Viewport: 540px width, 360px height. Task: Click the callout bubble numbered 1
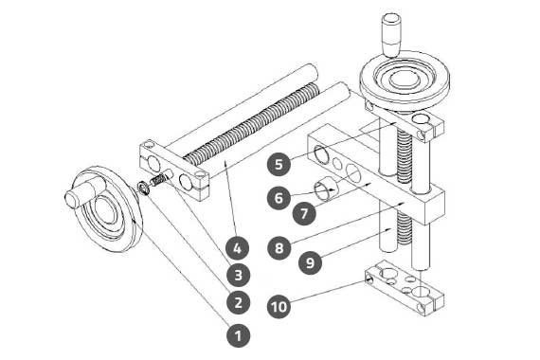click(238, 335)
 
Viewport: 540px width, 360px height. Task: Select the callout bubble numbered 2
click(238, 302)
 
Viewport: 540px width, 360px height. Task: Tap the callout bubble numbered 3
click(238, 275)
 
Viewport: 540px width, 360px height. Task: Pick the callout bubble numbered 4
click(237, 247)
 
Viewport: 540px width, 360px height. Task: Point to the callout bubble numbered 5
click(279, 164)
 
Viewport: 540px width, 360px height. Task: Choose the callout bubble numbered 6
click(279, 198)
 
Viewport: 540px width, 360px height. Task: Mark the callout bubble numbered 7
click(304, 213)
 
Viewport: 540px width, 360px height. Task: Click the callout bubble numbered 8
click(279, 247)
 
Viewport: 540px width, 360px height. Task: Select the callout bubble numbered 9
click(311, 262)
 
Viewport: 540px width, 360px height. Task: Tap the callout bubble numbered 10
click(279, 306)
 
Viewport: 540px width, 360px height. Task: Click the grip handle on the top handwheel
click(391, 34)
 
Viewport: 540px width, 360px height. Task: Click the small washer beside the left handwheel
click(143, 189)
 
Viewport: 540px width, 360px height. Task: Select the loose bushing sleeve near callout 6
click(326, 190)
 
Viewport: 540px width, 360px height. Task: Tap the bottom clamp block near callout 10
click(404, 287)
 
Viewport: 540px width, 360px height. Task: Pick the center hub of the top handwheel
click(404, 79)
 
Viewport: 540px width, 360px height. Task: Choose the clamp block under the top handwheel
click(404, 120)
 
